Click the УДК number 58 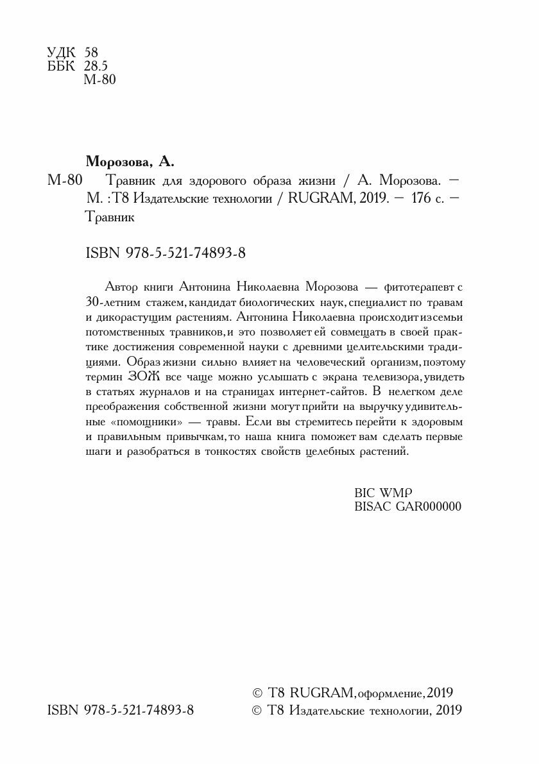(90, 52)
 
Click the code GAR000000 (429, 507)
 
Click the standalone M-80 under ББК (99, 80)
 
